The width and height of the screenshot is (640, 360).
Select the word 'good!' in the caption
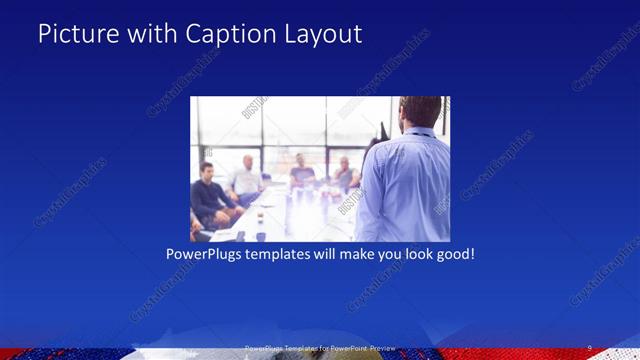coord(452,254)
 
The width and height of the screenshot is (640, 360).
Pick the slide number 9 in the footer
coord(589,347)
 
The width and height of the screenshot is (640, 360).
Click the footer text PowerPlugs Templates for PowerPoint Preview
coord(320,347)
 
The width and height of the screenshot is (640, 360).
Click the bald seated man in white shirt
coord(246,178)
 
